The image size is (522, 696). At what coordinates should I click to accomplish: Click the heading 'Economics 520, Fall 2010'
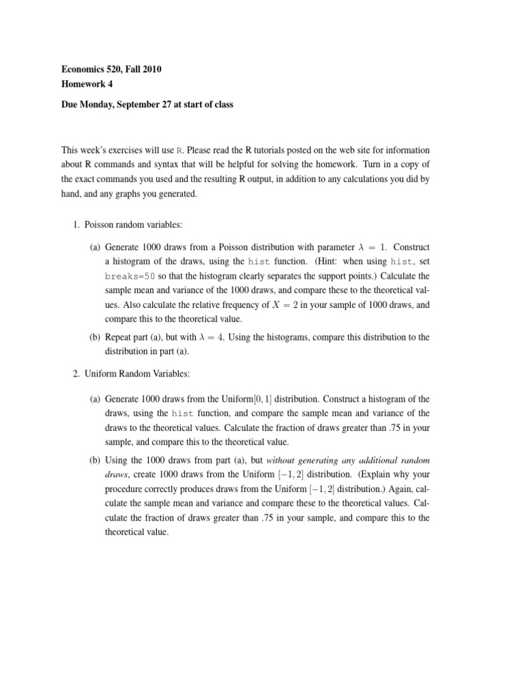112,69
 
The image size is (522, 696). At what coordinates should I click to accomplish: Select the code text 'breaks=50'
130,277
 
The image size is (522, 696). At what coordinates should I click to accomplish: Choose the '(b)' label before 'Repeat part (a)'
95,338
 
